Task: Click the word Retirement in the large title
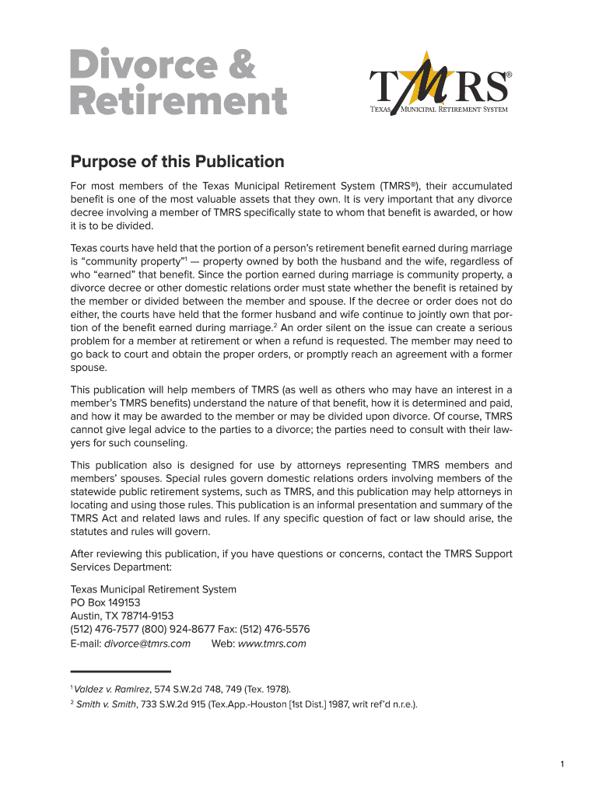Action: point(178,101)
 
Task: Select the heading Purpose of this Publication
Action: point(177,162)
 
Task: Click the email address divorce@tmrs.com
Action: point(147,644)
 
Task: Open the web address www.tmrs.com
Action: point(271,644)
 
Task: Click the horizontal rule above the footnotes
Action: point(121,671)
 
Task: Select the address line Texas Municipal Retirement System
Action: point(153,589)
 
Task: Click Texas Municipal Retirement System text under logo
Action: point(438,110)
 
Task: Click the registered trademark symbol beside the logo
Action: point(510,75)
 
